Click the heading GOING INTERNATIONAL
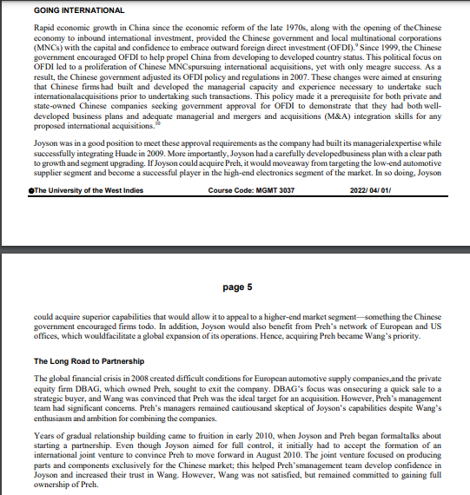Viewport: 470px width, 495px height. pos(79,10)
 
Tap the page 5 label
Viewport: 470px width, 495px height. pos(238,286)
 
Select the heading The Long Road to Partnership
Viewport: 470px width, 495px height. pos(88,360)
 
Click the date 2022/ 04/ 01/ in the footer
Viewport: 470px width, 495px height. pos(370,214)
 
